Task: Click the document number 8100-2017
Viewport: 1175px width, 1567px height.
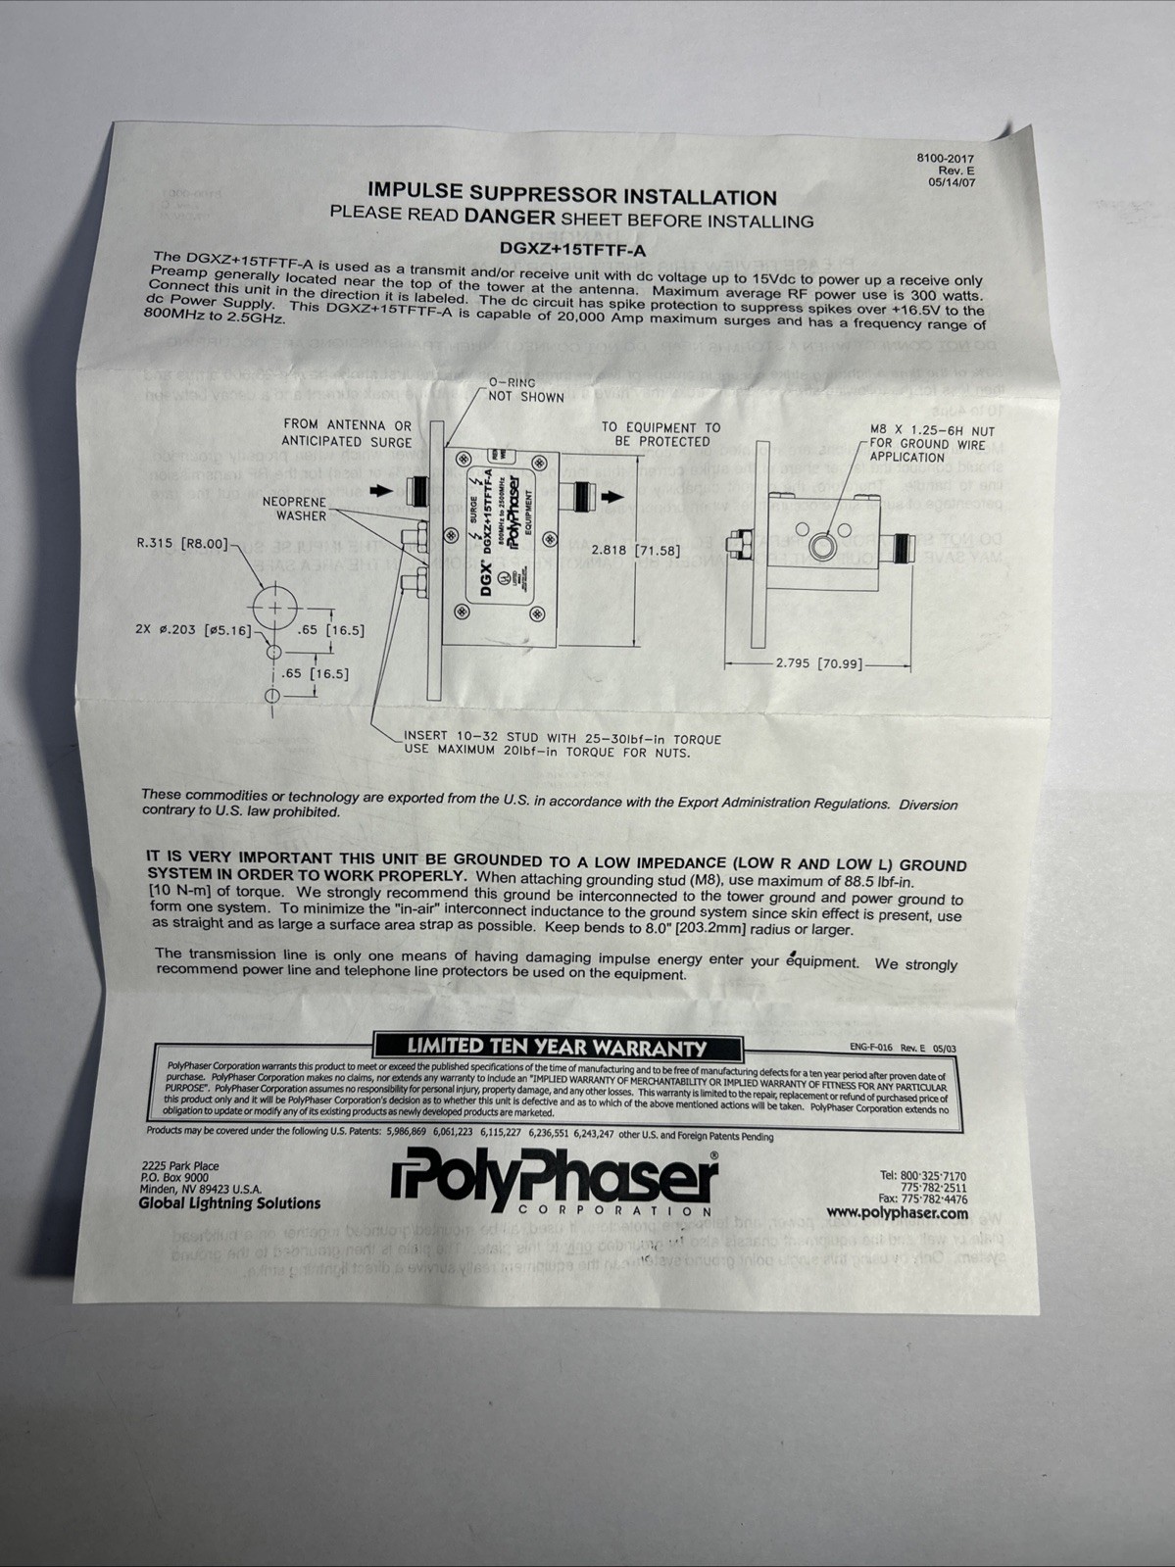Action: tap(945, 158)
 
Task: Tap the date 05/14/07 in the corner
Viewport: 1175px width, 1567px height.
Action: tap(951, 181)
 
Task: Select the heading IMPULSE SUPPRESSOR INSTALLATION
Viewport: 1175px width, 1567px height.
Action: tap(571, 194)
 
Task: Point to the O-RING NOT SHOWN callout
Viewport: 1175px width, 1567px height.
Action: tap(525, 389)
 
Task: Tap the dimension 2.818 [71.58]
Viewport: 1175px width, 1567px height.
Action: tap(635, 550)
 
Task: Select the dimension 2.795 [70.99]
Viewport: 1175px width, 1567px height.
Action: tap(818, 663)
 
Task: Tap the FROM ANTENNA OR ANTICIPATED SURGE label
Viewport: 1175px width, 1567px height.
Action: tap(347, 433)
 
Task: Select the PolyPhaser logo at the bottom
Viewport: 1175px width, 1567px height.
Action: tap(555, 1184)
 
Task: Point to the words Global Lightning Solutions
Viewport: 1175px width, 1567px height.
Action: tap(229, 1202)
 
